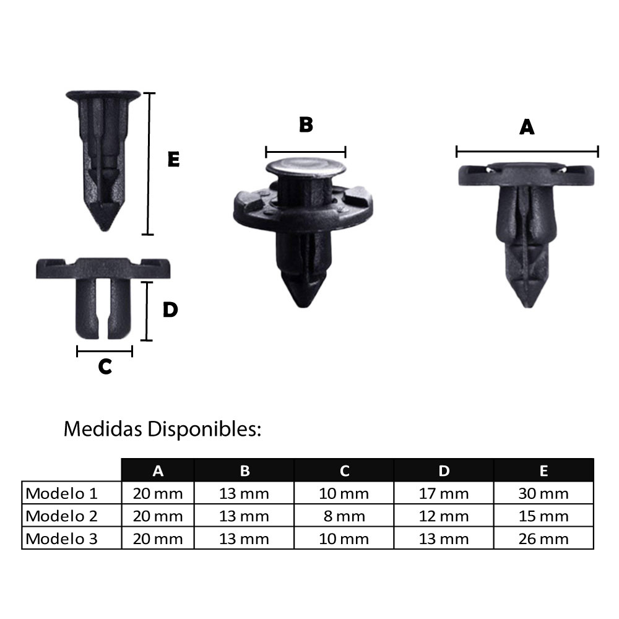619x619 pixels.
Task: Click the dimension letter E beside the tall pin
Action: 173,160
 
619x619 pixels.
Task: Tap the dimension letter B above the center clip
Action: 306,124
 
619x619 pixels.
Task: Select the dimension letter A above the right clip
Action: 527,127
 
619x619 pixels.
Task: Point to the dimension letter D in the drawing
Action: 170,309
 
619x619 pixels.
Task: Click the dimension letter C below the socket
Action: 105,366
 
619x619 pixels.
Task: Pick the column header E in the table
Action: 543,471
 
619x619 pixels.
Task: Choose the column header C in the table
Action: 344,471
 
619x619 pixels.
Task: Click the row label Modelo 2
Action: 62,516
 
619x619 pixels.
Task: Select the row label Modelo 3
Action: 62,538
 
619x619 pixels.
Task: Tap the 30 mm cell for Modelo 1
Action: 543,493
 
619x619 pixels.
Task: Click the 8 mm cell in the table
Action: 344,516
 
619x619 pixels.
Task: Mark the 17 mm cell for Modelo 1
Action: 444,493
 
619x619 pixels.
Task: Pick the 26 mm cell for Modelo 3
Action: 543,538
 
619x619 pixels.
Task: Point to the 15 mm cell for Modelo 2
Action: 543,516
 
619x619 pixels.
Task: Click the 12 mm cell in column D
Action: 444,516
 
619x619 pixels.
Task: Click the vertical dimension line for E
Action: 148,164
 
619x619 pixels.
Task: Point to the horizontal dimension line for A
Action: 527,152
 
